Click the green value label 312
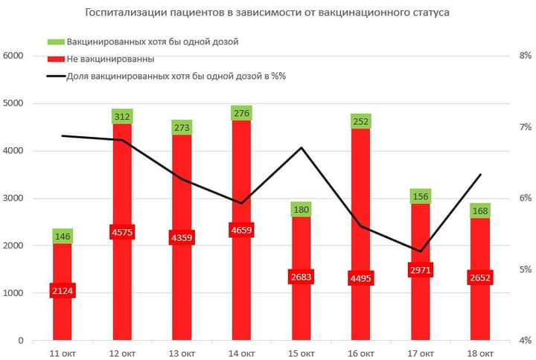pyautogui.click(x=122, y=116)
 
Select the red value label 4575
pyautogui.click(x=122, y=231)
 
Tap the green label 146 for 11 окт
pyautogui.click(x=63, y=237)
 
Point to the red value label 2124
pyautogui.click(x=63, y=290)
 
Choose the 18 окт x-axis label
pyautogui.click(x=480, y=353)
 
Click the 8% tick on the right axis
pyautogui.click(x=525, y=56)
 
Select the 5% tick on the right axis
pyautogui.click(x=525, y=269)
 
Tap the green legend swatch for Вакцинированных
pyautogui.click(x=55, y=41)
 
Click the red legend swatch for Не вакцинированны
pyautogui.click(x=55, y=58)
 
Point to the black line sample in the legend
pyautogui.click(x=55, y=76)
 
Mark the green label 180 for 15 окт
pyautogui.click(x=301, y=209)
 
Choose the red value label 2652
pyautogui.click(x=480, y=278)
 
